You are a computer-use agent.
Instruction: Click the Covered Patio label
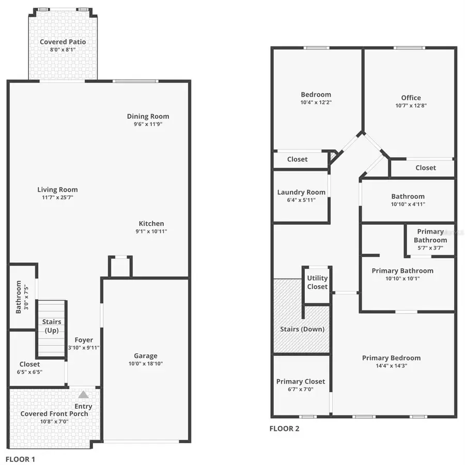[63, 42]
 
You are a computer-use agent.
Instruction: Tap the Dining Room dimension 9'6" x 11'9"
[148, 124]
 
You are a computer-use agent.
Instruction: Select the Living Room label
[57, 190]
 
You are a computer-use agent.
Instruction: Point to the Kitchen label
[151, 224]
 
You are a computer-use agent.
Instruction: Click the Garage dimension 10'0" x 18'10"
[146, 364]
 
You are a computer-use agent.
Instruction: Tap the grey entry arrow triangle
[83, 394]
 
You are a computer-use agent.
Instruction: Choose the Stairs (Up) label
[52, 326]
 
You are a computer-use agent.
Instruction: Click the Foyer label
[84, 340]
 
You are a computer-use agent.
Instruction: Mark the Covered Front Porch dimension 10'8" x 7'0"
[54, 421]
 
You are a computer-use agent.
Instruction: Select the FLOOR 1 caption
[20, 458]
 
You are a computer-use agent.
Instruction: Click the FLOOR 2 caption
[284, 428]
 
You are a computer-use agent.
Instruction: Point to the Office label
[411, 98]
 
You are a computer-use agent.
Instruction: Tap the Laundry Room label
[301, 192]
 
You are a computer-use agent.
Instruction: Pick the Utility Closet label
[317, 282]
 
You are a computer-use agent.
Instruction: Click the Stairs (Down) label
[302, 329]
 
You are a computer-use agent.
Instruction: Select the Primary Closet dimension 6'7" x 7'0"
[301, 390]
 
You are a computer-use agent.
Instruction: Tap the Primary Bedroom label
[391, 358]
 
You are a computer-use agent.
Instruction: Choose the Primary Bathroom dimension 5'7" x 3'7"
[430, 248]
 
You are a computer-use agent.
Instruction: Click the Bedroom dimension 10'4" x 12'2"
[316, 102]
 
